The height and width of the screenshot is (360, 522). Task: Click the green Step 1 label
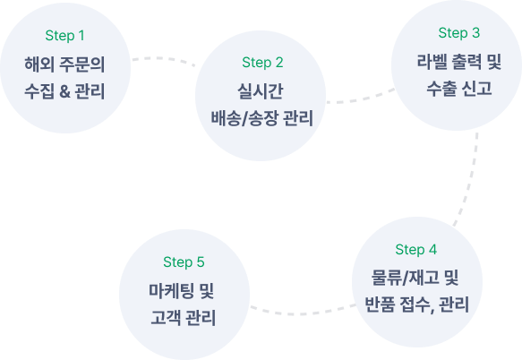click(65, 36)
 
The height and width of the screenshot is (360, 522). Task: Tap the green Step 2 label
click(262, 63)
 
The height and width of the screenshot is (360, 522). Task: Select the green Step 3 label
click(459, 33)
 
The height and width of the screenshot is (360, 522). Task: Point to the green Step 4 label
click(416, 250)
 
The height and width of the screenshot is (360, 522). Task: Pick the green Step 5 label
click(184, 262)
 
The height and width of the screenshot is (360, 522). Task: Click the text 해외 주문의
click(64, 64)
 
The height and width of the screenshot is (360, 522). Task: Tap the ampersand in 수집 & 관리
click(64, 91)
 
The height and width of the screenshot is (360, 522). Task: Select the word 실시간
click(261, 91)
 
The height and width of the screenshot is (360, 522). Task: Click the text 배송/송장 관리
click(262, 118)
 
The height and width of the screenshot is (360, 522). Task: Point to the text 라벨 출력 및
click(459, 62)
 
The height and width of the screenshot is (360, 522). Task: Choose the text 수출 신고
click(459, 89)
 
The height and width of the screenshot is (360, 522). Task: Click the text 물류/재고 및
click(415, 278)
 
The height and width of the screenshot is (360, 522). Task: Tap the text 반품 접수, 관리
click(417, 304)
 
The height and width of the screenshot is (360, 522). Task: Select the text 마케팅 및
click(182, 291)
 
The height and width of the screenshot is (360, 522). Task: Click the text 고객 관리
click(183, 318)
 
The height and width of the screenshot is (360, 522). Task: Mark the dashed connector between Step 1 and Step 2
click(163, 59)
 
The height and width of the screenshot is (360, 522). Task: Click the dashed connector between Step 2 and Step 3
click(361, 99)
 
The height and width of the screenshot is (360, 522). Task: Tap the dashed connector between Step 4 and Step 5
click(301, 313)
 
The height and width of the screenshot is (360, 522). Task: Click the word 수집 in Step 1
click(39, 91)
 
